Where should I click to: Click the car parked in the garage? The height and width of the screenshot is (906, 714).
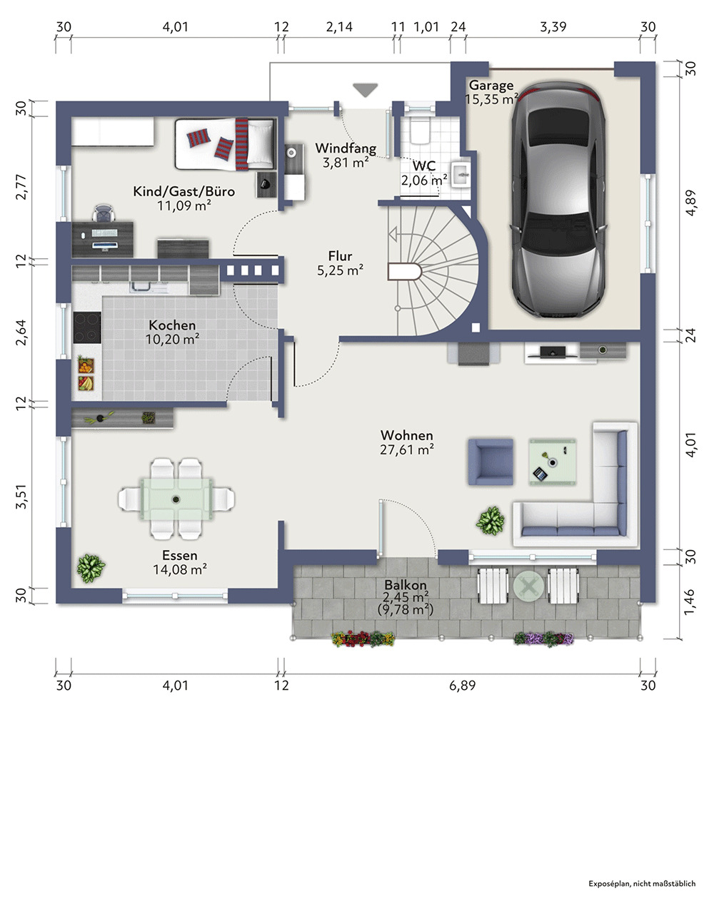[x=558, y=200]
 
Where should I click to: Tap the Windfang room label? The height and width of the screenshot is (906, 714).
[x=346, y=148]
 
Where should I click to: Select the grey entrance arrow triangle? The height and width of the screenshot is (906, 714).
[x=365, y=90]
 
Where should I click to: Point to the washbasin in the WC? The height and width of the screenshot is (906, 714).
[x=461, y=173]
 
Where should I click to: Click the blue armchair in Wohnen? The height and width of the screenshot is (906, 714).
[x=491, y=462]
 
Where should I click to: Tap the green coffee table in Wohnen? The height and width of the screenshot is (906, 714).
[x=553, y=462]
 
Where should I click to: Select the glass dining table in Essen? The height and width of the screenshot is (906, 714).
[x=176, y=499]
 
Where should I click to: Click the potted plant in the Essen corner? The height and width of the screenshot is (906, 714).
[x=91, y=569]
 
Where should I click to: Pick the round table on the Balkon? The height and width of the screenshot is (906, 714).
[x=528, y=586]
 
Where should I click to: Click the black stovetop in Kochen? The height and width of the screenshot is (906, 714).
[x=87, y=327]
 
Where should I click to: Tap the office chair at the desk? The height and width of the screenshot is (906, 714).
[x=104, y=213]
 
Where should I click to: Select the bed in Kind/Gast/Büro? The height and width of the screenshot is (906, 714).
[x=226, y=144]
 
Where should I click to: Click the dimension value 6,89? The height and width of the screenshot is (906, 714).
[x=462, y=686]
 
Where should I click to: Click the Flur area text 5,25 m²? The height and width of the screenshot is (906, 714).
[x=340, y=270]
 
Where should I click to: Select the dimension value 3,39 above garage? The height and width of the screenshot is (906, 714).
[x=553, y=27]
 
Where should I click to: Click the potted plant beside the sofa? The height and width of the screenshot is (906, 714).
[x=491, y=521]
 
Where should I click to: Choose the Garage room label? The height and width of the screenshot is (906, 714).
[x=491, y=86]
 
